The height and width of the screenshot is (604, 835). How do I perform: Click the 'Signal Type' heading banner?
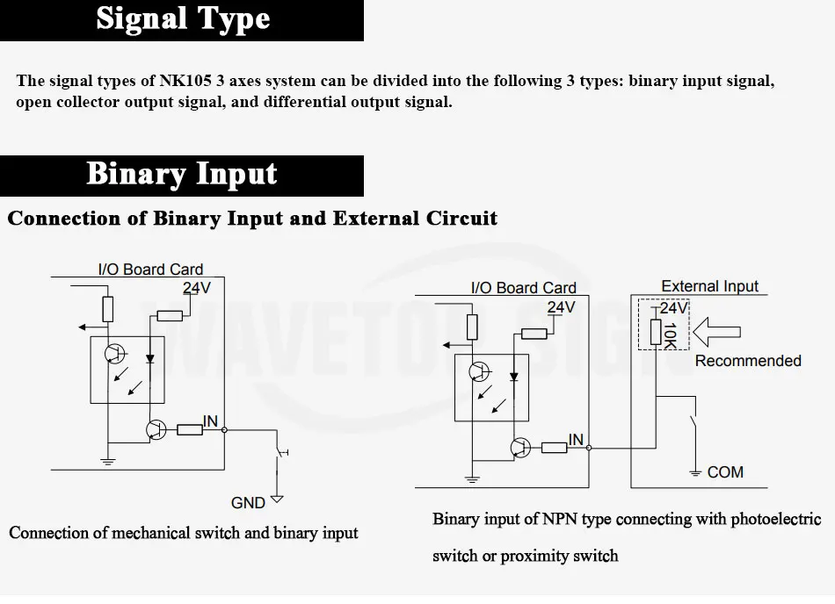click(182, 20)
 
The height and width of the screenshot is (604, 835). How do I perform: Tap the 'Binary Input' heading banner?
click(182, 176)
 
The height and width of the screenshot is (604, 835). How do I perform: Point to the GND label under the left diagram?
click(248, 502)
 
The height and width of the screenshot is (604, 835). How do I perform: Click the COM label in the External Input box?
click(725, 472)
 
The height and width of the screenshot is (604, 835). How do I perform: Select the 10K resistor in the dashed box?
click(656, 332)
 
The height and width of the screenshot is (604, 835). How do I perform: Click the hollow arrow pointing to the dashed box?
click(716, 332)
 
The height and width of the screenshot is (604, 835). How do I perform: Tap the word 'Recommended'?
click(748, 361)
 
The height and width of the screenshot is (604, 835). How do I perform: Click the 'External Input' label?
click(709, 286)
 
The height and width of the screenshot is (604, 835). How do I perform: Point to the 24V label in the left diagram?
click(197, 288)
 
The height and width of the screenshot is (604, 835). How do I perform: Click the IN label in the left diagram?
click(210, 421)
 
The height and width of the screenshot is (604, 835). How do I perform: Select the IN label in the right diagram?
click(576, 440)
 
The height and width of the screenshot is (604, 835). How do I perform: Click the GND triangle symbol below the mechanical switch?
click(277, 500)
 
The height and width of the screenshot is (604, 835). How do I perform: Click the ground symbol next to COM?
click(695, 472)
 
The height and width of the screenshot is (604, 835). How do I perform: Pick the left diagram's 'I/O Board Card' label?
click(150, 269)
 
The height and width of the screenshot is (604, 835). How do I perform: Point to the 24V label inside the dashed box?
click(673, 308)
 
